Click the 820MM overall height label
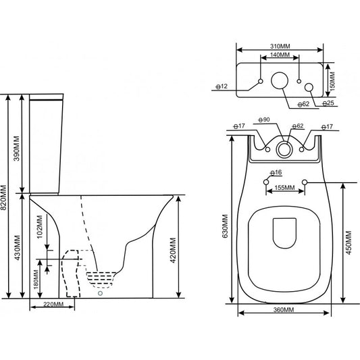3,198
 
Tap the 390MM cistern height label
16,149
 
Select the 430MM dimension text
17,248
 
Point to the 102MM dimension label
40,227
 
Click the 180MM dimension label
36,280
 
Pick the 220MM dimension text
53,305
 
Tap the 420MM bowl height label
173,251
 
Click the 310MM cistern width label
280,47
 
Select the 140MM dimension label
280,55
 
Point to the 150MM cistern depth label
333,80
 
